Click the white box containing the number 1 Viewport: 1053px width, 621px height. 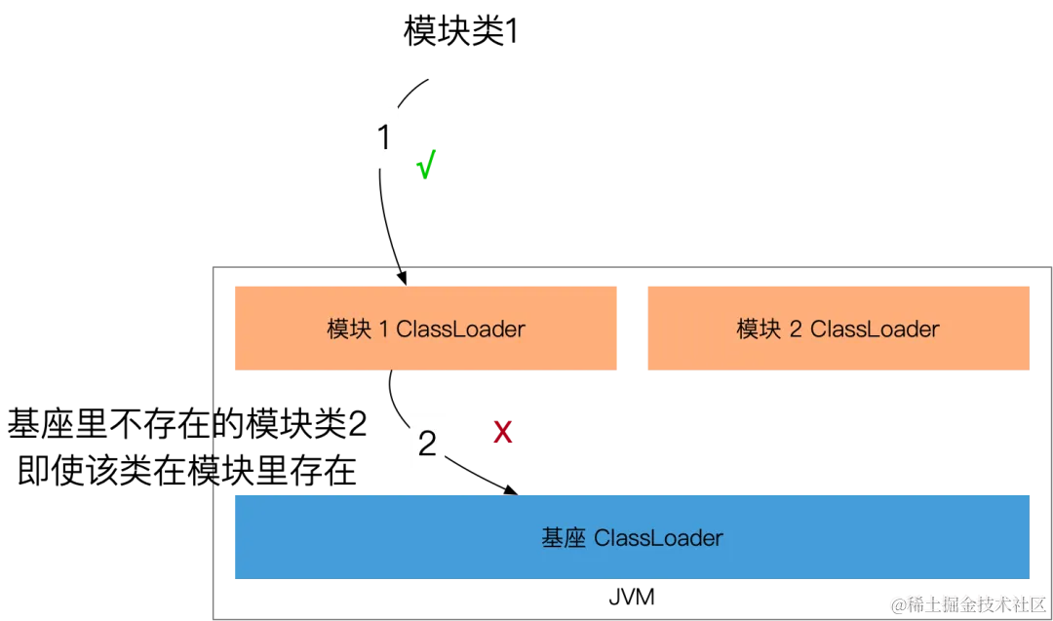(x=385, y=136)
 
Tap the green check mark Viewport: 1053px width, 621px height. (x=426, y=165)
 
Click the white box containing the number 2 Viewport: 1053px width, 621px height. (x=428, y=445)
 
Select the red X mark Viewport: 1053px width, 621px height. (x=502, y=431)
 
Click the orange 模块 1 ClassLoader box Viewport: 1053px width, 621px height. (x=427, y=329)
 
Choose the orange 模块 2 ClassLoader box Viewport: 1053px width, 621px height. (x=838, y=329)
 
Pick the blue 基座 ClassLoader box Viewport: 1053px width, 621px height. (x=631, y=537)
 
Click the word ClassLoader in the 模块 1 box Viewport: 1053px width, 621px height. (x=460, y=330)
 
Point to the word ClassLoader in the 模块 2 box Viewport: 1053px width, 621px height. (x=874, y=330)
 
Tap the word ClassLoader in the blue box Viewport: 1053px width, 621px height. (x=658, y=538)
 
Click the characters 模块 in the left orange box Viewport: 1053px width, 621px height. (x=348, y=330)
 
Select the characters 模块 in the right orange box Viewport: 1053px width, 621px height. (x=759, y=330)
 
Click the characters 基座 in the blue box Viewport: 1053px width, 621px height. (x=564, y=538)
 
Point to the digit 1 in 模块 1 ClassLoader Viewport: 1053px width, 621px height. (x=383, y=330)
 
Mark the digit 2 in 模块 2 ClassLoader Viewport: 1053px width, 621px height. (x=796, y=330)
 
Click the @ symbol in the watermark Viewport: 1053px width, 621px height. (x=896, y=602)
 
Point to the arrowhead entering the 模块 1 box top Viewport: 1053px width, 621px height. (x=404, y=277)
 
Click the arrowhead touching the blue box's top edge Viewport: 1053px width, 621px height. (x=509, y=488)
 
